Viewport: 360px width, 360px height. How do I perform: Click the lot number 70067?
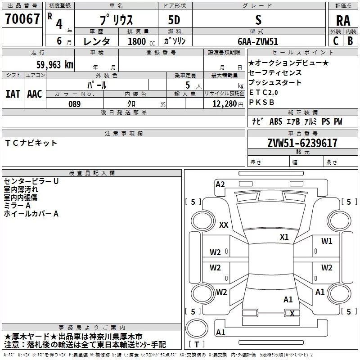tap(22, 18)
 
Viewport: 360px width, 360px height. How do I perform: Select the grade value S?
tap(258, 20)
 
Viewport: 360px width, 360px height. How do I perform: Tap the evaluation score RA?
tap(343, 21)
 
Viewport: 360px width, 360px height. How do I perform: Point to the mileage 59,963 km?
tap(55, 64)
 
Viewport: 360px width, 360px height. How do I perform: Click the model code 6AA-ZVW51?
tap(258, 41)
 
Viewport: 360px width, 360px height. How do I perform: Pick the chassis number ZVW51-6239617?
tap(302, 143)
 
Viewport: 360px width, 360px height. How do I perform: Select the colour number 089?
tap(75, 104)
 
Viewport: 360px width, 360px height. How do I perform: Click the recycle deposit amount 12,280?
tap(224, 104)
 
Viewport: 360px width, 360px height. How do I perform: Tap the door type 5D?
tap(174, 20)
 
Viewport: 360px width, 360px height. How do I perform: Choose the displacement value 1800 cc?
tap(141, 41)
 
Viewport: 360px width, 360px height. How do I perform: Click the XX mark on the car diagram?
tap(224, 225)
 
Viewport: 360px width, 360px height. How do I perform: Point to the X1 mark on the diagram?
tap(284, 237)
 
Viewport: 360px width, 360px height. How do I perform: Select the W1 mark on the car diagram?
tap(327, 241)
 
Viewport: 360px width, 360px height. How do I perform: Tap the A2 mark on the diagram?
tap(220, 184)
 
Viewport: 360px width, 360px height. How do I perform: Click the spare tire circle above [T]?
tap(197, 328)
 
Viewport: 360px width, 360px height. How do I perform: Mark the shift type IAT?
tap(13, 94)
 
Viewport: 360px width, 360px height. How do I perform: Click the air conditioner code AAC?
tap(35, 94)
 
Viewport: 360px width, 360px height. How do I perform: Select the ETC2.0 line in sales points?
tap(263, 93)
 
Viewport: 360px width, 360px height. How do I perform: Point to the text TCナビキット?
tap(31, 143)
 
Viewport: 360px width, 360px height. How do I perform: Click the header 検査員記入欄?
tap(92, 173)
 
